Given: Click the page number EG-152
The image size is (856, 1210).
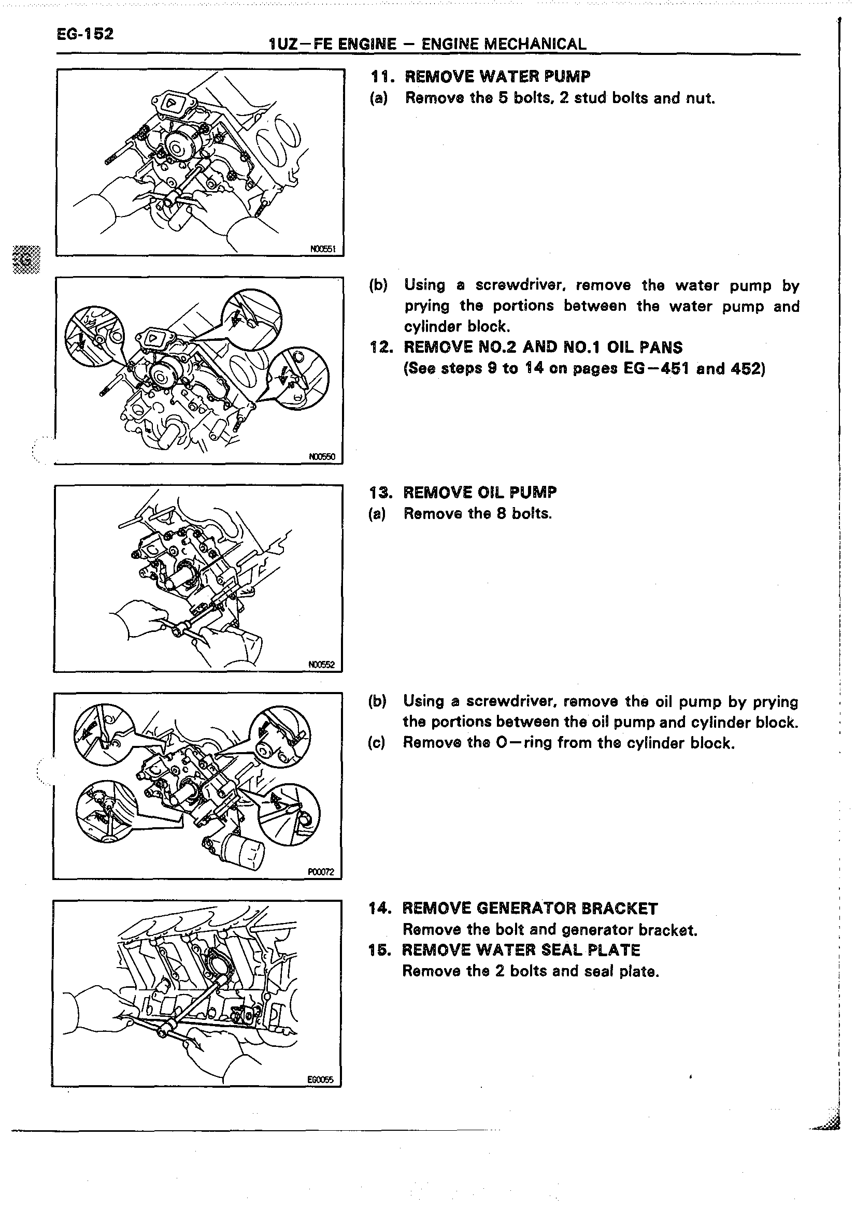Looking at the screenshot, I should pyautogui.click(x=85, y=34).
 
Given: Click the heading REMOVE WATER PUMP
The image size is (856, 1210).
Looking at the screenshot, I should pyautogui.click(x=497, y=77).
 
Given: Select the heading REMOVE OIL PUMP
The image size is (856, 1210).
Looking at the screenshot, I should pyautogui.click(x=479, y=492).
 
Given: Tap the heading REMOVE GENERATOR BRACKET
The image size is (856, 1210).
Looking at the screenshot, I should pyautogui.click(x=529, y=909).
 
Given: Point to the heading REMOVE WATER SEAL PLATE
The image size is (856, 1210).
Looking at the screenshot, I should pyautogui.click(x=521, y=950).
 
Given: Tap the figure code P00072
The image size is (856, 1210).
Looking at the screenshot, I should pyautogui.click(x=320, y=872).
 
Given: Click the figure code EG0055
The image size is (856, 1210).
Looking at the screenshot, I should pyautogui.click(x=320, y=1079).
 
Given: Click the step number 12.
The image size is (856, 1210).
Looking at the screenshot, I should pyautogui.click(x=381, y=348).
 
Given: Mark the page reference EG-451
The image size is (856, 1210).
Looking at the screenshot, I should pyautogui.click(x=656, y=368).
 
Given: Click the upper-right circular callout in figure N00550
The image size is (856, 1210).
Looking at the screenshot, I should pyautogui.click(x=252, y=320).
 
